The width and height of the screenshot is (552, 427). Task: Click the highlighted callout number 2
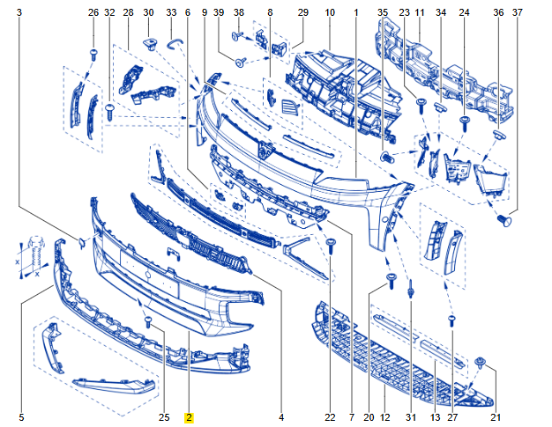(x=190, y=417)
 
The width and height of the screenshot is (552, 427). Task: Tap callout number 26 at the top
(x=93, y=12)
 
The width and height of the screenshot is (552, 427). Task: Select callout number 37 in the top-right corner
(x=517, y=12)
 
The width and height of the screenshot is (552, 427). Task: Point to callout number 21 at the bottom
(x=496, y=417)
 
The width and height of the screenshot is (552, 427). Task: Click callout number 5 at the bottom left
(x=21, y=417)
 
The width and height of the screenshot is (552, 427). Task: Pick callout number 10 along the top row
(x=330, y=12)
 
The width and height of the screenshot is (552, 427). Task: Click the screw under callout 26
(x=93, y=55)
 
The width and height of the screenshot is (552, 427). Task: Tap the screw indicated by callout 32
(x=109, y=112)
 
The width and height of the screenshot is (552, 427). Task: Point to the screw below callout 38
(x=237, y=35)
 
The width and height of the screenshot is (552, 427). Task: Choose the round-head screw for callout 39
(x=241, y=63)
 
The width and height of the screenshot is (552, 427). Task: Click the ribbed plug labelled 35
(x=386, y=157)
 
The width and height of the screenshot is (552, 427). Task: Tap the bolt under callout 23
(x=421, y=106)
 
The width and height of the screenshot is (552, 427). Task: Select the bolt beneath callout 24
(x=465, y=124)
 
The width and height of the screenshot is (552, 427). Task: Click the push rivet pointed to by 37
(x=504, y=220)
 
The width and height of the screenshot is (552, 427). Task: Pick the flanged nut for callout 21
(x=480, y=363)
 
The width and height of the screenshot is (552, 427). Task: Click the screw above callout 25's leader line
(x=148, y=321)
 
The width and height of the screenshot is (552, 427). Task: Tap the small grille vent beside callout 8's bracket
(x=291, y=107)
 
